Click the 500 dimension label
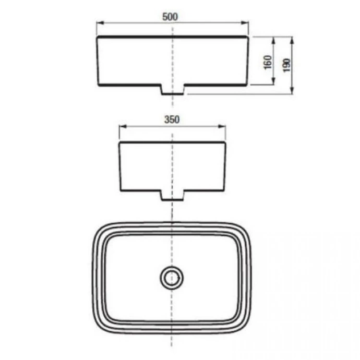170,17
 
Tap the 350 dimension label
172,119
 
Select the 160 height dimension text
268,62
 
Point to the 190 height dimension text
287,65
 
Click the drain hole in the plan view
172,278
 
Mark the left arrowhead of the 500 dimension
100,23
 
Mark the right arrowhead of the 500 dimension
245,23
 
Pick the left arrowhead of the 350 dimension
123,126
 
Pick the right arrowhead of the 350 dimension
222,126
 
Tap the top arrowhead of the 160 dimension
273,41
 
